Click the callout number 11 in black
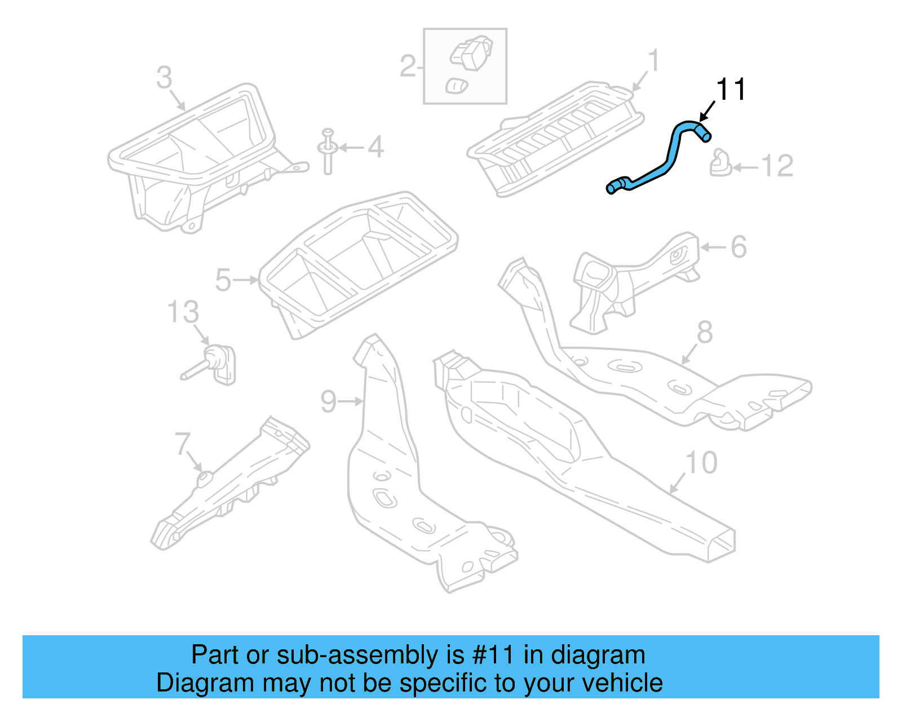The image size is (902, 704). pos(731,90)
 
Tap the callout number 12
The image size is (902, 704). pos(777,166)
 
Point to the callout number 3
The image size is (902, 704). pos(164,78)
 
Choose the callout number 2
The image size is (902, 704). pos(408,67)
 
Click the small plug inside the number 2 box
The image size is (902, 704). pos(456,86)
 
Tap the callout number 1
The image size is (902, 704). pos(653,60)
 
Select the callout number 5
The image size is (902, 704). pos(223,280)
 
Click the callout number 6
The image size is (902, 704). pos(739,247)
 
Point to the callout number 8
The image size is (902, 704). pos(705,333)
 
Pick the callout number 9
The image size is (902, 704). pos(328,401)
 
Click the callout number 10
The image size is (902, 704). pos(701,463)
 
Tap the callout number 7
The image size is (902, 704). pos(183,444)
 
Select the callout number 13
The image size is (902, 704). pos(183,312)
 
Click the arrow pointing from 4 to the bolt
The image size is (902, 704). pos(351,148)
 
